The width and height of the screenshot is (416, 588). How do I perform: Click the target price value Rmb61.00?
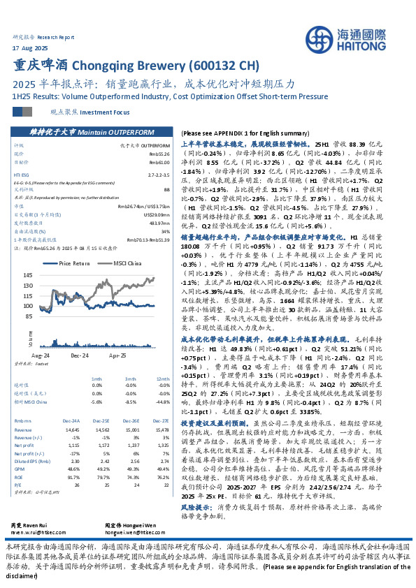tap(159, 161)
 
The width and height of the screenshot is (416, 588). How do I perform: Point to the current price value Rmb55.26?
tap(159, 153)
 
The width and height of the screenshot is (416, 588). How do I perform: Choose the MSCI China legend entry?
tap(124, 263)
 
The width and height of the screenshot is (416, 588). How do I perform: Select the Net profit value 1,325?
tap(162, 445)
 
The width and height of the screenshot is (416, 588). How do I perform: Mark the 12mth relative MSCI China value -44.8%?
tap(162, 402)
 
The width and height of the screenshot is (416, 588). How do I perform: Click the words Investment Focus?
tap(104, 111)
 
